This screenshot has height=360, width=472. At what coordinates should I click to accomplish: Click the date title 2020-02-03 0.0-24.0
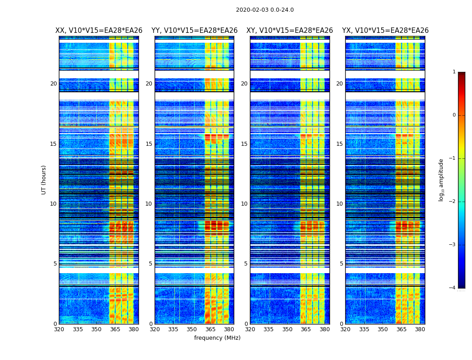(265, 10)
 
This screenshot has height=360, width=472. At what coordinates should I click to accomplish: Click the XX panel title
(99, 31)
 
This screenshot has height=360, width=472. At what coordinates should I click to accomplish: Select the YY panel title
(194, 31)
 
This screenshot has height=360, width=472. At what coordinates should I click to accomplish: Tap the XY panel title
(289, 31)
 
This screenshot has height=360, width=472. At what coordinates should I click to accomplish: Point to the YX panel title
(385, 31)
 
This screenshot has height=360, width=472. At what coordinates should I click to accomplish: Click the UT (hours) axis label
(44, 180)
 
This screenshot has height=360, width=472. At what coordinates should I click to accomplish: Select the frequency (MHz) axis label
(217, 338)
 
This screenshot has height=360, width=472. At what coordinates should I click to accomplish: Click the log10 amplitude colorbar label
(441, 180)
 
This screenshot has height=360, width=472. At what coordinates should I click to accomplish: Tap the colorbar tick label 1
(454, 72)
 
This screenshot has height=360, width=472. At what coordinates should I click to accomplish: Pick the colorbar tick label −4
(453, 288)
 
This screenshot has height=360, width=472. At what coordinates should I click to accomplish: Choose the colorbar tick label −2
(453, 202)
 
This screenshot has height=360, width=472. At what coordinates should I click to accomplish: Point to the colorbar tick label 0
(454, 115)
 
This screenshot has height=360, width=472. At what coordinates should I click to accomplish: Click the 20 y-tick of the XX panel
(53, 84)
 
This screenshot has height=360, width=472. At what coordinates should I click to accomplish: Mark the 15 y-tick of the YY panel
(149, 144)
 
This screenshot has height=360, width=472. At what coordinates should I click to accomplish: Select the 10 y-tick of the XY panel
(244, 204)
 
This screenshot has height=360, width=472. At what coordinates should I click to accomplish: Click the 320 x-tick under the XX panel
(59, 329)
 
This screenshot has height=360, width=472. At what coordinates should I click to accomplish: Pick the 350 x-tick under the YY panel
(192, 329)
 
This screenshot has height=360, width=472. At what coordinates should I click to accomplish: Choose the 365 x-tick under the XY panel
(306, 329)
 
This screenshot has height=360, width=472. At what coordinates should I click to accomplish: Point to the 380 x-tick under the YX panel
(420, 329)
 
